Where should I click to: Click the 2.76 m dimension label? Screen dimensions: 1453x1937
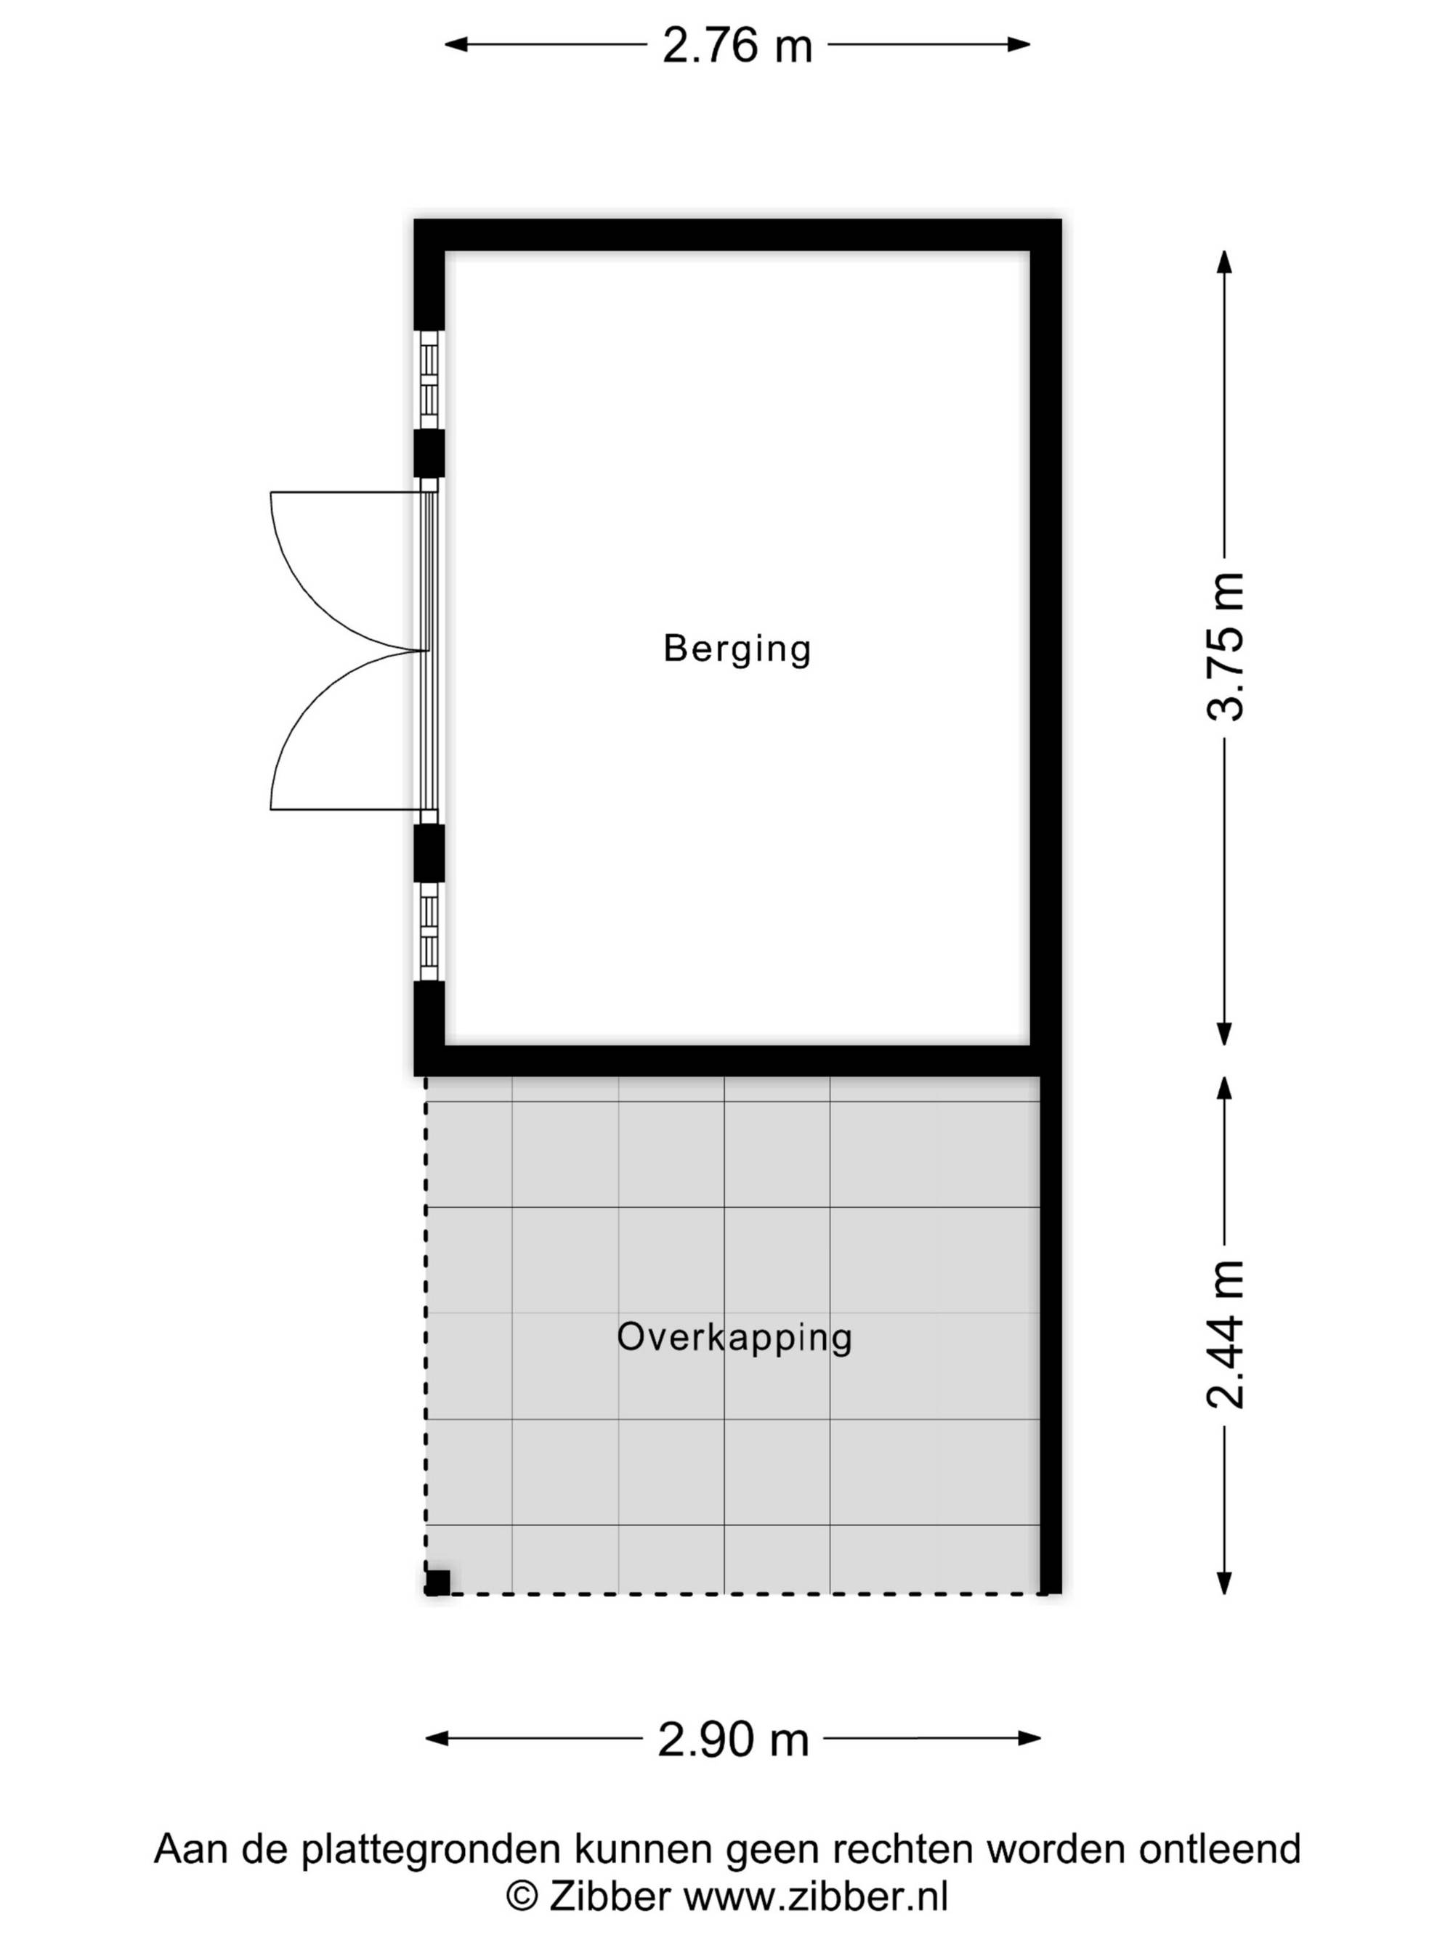[x=737, y=46]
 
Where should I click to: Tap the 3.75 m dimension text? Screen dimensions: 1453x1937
[x=1224, y=646]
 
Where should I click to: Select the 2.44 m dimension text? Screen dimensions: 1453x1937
[x=1224, y=1334]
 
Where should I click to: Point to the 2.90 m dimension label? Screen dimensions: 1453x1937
[x=733, y=1740]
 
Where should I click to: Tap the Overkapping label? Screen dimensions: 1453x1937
[x=734, y=1337]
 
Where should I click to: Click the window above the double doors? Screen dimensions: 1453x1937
[x=429, y=379]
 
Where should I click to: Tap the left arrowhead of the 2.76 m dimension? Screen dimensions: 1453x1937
[x=456, y=44]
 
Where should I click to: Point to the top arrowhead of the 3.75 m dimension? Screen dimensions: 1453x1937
[x=1224, y=263]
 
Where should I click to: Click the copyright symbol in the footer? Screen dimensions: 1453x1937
[x=522, y=1897]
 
